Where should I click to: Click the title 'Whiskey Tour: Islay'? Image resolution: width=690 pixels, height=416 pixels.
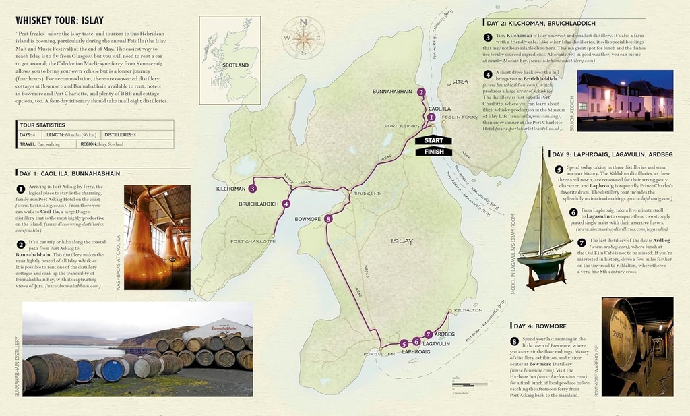pos(59,20)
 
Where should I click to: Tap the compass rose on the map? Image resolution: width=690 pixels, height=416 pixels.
pos(303,37)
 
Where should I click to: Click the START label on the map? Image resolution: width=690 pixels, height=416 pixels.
pos(433,140)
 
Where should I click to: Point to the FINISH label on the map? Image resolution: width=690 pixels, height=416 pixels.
pos(433,152)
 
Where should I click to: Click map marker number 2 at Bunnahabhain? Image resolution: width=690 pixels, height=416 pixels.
pos(420,92)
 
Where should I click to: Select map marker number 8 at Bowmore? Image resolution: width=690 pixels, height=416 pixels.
pos(328,219)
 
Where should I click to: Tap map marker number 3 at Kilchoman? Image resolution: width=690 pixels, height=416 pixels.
pos(253,189)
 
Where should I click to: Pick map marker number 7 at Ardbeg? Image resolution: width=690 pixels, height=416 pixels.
pos(429,334)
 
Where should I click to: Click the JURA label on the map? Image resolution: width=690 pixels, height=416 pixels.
pos(458,82)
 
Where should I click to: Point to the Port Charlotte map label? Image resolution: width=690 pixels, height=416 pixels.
pos(253,241)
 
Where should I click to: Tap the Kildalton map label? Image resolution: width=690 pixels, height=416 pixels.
pos(468,310)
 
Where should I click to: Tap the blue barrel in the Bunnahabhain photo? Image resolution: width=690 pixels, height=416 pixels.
pos(112,370)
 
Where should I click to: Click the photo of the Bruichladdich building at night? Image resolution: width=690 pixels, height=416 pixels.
pos(625,100)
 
